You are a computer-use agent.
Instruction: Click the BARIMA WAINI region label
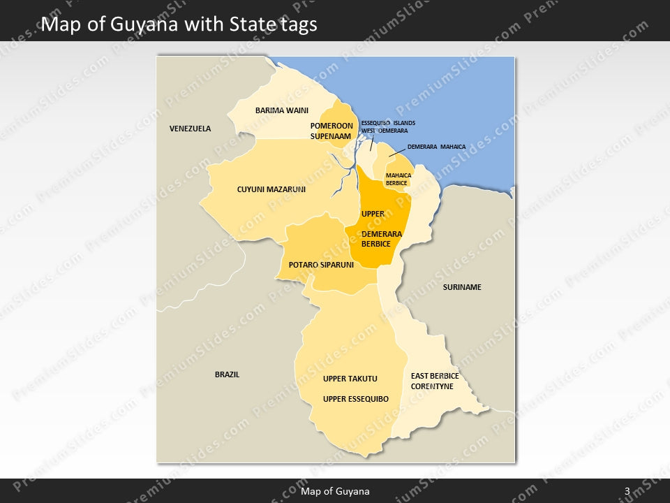(281, 110)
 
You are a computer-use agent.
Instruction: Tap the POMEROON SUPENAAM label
(330, 131)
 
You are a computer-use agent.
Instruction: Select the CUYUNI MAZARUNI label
(271, 189)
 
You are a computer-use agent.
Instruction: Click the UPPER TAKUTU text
(350, 379)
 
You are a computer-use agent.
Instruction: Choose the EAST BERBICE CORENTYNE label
(435, 381)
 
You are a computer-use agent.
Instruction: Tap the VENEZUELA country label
(190, 129)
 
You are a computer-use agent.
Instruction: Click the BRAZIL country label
(227, 374)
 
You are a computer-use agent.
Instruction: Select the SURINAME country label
(462, 287)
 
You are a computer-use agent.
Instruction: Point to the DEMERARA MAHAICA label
(436, 147)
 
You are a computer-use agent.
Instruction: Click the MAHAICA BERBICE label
(396, 180)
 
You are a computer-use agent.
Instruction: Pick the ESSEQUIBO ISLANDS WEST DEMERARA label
(388, 126)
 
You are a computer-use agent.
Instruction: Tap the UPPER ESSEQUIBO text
(356, 399)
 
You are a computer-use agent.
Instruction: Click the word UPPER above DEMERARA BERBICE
(373, 214)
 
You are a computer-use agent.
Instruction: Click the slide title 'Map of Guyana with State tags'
(179, 24)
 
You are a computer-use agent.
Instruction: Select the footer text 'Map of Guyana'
(335, 491)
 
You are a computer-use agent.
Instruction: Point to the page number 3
(627, 491)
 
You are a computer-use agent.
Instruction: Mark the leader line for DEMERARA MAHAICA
(396, 152)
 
